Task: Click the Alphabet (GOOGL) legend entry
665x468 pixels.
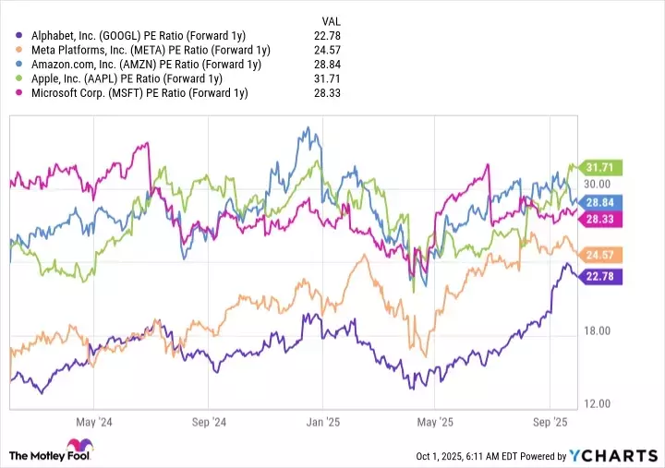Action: pyautogui.click(x=139, y=36)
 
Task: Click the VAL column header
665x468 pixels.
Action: pyautogui.click(x=331, y=20)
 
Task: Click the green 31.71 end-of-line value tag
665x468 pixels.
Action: pyautogui.click(x=598, y=167)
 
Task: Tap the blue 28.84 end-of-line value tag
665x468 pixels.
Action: pyautogui.click(x=598, y=201)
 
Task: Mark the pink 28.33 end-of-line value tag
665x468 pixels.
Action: pyautogui.click(x=598, y=218)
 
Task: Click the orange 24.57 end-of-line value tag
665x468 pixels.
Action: pyautogui.click(x=598, y=254)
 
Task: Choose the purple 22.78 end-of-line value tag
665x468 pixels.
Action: pyautogui.click(x=598, y=275)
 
